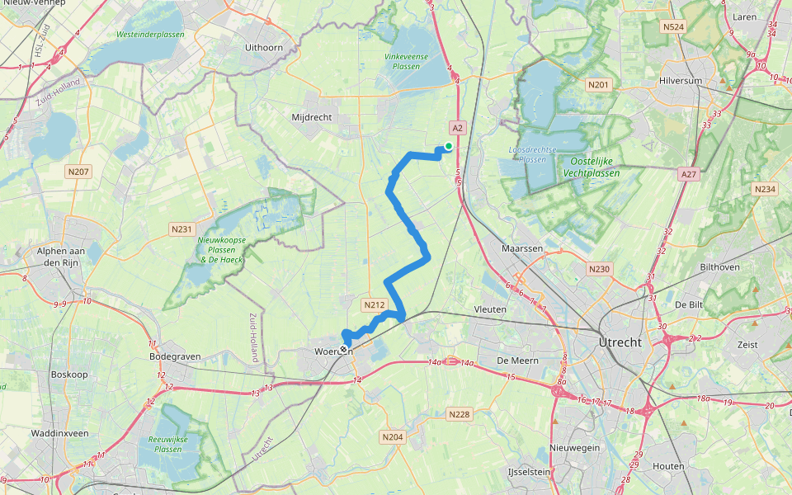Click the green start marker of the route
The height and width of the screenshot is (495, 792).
pyautogui.click(x=448, y=146)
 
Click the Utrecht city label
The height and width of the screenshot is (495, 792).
pyautogui.click(x=620, y=342)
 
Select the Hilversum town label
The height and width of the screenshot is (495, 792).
pyautogui.click(x=680, y=82)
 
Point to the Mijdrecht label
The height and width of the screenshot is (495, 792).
pyautogui.click(x=312, y=117)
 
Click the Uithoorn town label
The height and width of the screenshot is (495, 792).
pyautogui.click(x=264, y=47)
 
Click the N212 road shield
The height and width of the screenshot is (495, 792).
pyautogui.click(x=374, y=304)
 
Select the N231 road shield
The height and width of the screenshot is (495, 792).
pyautogui.click(x=181, y=229)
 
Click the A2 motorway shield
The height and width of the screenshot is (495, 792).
pyautogui.click(x=458, y=127)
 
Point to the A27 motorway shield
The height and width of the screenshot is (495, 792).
pyautogui.click(x=689, y=174)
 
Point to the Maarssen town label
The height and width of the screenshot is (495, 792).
pyautogui.click(x=521, y=247)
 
